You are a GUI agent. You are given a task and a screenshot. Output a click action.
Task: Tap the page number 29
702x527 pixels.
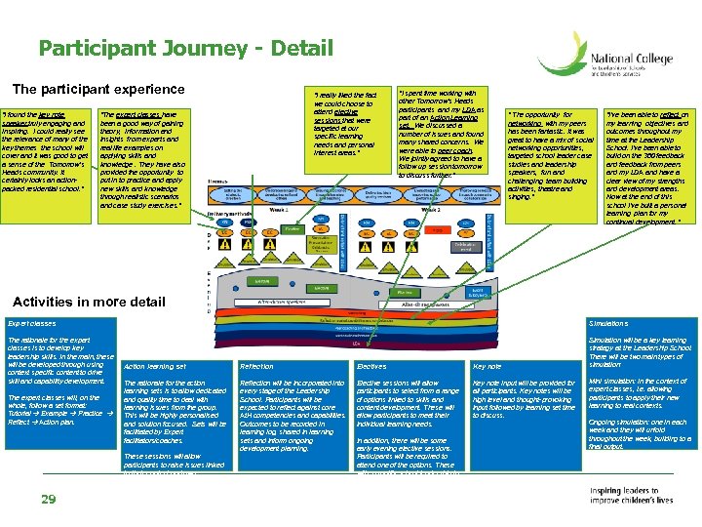coord(48,500)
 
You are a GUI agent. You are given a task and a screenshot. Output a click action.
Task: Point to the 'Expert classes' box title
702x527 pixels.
coord(32,323)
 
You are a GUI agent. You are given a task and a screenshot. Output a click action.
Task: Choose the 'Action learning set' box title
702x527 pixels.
coord(156,366)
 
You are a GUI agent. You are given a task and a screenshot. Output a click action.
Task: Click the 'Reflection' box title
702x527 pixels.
coord(256,366)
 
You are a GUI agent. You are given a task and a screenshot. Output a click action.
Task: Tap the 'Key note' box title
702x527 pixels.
coord(487,366)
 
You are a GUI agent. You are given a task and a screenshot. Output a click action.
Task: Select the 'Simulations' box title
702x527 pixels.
coord(607,323)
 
